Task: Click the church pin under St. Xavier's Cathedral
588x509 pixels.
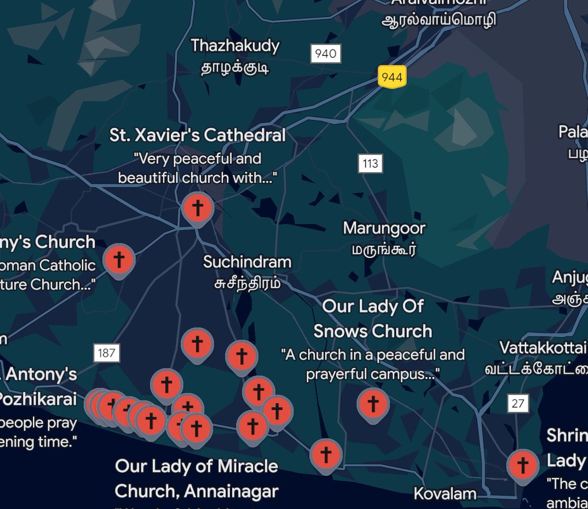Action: click(197, 208)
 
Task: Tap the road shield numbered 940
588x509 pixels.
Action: click(325, 53)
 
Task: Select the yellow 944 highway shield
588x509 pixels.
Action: click(392, 77)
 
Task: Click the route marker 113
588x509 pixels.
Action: click(370, 163)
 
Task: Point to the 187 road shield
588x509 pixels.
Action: click(106, 353)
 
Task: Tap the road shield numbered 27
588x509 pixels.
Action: click(518, 403)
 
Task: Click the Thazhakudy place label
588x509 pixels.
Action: click(235, 46)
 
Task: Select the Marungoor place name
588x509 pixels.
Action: click(384, 228)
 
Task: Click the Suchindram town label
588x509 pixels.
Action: click(247, 262)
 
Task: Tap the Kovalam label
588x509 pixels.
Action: click(445, 493)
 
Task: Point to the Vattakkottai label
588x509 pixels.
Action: click(542, 348)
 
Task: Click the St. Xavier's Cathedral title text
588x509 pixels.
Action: click(197, 135)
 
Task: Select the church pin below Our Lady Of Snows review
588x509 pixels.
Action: click(373, 404)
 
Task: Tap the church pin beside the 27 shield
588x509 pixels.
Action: click(523, 464)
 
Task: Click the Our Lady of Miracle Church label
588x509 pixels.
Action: click(196, 478)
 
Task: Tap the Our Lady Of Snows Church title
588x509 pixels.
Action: click(373, 319)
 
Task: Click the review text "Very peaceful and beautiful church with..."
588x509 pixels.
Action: click(197, 168)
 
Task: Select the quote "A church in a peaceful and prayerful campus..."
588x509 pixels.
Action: click(373, 364)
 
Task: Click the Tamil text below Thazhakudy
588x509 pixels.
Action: click(235, 68)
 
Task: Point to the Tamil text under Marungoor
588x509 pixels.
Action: click(384, 250)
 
